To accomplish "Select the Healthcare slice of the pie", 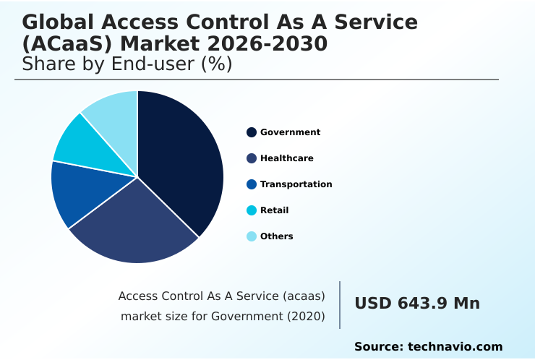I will (x=134, y=228).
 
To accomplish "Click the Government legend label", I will (x=290, y=132).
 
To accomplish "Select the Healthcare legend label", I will (x=286, y=158).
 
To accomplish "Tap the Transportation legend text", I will (x=296, y=184).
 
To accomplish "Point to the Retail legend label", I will (x=274, y=210).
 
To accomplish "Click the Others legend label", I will (x=276, y=236).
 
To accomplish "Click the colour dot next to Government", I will (x=252, y=132).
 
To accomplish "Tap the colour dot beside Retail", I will (x=252, y=210).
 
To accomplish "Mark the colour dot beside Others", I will (x=252, y=236).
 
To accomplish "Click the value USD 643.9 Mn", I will (x=416, y=304).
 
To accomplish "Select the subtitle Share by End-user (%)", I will (x=127, y=64).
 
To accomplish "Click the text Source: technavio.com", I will (x=428, y=347).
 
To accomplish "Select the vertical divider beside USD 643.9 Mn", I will (x=340, y=305).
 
